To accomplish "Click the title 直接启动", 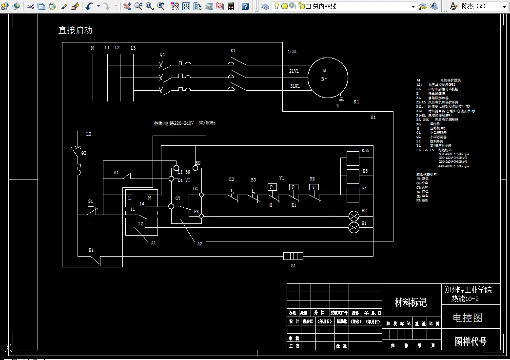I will (x=75, y=30).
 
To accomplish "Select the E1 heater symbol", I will (x=293, y=256).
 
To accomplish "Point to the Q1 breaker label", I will (x=162, y=54).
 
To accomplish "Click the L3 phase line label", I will (x=133, y=48).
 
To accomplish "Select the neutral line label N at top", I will (x=92, y=48).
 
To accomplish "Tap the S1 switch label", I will (x=90, y=201).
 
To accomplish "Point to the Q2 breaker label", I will (x=83, y=153).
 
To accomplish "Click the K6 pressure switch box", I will (x=314, y=187).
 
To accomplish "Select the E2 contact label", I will (x=232, y=180).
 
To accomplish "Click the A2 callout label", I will (x=199, y=243).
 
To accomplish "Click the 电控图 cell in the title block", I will (x=467, y=318).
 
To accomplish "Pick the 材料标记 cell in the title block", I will (x=411, y=303).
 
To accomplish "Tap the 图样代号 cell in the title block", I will (x=470, y=341).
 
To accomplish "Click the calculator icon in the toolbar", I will (x=231, y=6).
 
